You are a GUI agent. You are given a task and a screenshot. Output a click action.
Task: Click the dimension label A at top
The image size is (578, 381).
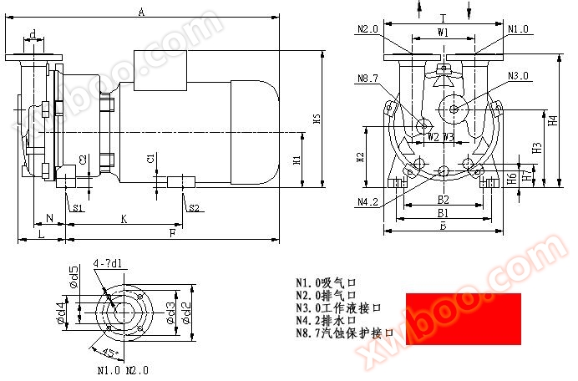click(x=142, y=12)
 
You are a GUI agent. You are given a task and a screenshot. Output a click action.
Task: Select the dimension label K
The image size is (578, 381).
click(x=124, y=218)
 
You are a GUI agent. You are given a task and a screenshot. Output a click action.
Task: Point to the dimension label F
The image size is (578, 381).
click(x=172, y=233)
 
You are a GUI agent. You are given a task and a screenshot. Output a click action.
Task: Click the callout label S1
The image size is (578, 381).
click(x=77, y=208)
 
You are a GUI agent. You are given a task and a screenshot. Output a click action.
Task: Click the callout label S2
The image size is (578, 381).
click(x=193, y=208)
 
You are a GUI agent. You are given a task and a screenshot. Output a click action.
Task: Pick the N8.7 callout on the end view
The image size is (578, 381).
click(x=368, y=79)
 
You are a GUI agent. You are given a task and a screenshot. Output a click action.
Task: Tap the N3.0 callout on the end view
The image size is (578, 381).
click(x=519, y=76)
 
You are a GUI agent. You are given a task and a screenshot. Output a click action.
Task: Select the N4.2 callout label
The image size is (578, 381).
click(x=368, y=201)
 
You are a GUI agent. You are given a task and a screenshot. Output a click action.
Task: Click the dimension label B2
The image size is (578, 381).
click(x=444, y=200)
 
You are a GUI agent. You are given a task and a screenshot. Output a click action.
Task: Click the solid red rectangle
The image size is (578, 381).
click(x=463, y=318)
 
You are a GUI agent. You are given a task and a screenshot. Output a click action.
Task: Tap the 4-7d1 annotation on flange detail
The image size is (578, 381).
click(x=108, y=264)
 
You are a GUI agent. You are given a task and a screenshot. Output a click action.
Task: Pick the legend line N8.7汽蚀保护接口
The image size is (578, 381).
click(x=344, y=333)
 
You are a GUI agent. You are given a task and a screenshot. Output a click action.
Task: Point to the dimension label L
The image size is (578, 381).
click(x=42, y=233)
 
